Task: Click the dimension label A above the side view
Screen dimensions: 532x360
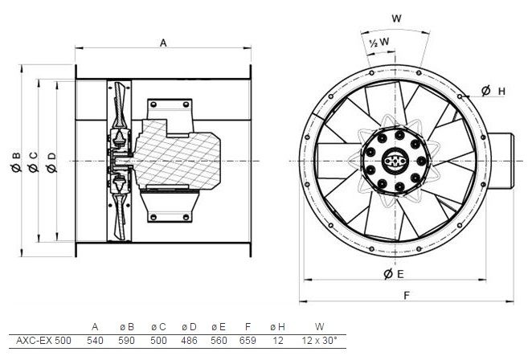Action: click(163, 43)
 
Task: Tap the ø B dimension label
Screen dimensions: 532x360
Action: click(16, 162)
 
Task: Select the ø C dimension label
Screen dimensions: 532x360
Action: click(33, 162)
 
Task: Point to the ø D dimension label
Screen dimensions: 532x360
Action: click(51, 162)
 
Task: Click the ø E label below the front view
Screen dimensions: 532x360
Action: click(394, 274)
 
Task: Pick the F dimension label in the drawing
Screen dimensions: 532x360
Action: click(407, 296)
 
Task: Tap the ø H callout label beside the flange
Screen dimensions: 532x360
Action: click(493, 91)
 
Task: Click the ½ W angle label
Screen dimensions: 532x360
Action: click(379, 42)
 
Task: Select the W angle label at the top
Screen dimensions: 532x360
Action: click(396, 18)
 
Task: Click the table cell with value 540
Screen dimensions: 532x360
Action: click(95, 341)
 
